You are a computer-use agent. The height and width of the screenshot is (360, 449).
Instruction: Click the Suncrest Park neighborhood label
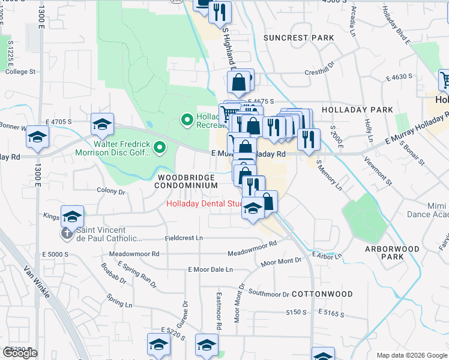point(298,38)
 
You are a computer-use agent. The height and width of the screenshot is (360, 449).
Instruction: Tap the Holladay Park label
point(357,110)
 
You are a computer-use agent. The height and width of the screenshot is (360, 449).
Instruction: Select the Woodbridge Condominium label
point(187,182)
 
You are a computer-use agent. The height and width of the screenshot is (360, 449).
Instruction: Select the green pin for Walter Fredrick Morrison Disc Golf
point(160,146)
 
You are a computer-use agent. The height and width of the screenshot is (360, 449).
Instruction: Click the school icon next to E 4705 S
point(103,124)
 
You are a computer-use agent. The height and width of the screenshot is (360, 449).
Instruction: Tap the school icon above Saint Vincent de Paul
point(72,216)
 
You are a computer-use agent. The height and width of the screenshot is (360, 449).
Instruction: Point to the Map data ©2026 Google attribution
point(411,355)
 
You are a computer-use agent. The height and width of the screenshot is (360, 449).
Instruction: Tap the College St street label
point(20,71)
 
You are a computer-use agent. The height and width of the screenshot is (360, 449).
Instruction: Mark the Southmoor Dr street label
point(269,293)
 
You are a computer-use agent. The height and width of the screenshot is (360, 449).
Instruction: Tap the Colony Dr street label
point(110,192)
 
